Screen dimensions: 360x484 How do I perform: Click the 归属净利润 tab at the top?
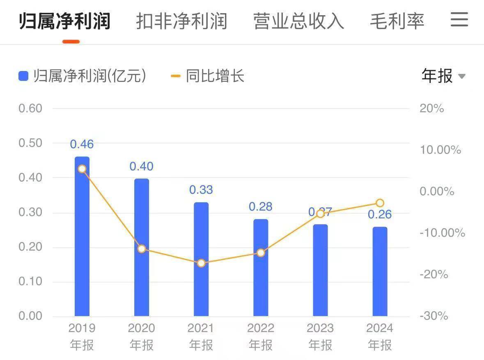coord(65,21)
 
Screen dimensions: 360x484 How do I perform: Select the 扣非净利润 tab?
coord(181,21)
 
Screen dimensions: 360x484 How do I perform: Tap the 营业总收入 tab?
coord(298,21)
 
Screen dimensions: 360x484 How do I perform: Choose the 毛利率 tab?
coord(397,21)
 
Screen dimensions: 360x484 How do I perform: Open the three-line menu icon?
coord(459,19)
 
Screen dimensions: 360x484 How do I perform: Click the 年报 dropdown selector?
coord(443,76)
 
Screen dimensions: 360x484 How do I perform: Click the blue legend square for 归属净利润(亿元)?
coord(23,76)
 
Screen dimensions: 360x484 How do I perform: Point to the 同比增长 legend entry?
coord(208,76)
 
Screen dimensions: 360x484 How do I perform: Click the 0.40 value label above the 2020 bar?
coord(141,166)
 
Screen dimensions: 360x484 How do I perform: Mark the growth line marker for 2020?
coord(142,249)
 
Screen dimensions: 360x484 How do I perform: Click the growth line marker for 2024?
coord(380,203)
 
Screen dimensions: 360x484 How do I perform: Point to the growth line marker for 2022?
coord(261,252)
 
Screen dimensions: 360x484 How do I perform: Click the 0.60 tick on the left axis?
coord(30,108)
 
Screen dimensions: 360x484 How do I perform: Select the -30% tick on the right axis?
coord(434,316)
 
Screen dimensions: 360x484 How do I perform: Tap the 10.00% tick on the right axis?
coord(440,150)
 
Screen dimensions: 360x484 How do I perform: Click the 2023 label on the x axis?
coord(320,328)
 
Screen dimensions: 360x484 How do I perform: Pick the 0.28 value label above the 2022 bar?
coord(261,206)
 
